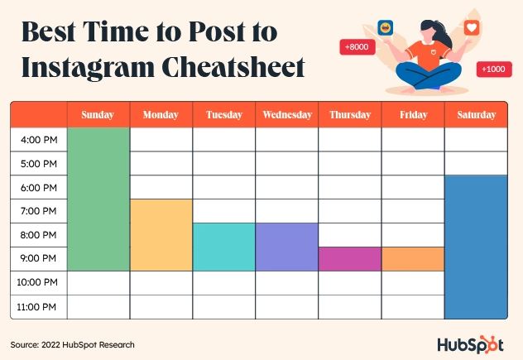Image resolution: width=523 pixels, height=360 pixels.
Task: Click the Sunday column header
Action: tap(98, 115)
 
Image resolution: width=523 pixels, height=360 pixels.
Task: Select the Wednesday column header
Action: tap(287, 115)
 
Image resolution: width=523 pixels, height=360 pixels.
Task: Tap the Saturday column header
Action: tap(477, 115)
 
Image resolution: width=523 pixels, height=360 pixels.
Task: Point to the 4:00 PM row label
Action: tap(39, 140)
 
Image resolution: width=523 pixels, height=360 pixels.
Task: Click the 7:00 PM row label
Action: tap(39, 211)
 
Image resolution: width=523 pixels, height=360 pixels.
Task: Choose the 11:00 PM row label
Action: tap(36, 307)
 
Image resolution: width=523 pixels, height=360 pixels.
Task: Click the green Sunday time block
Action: tap(98, 199)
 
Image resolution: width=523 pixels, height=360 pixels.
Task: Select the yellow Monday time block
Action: tap(161, 235)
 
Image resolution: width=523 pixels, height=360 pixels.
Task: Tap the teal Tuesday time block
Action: tap(223, 247)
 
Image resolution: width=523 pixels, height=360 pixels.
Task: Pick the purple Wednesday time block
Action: tap(287, 247)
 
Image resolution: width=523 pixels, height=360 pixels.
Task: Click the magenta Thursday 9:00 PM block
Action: tap(350, 259)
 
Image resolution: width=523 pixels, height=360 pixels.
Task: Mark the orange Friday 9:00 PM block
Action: tap(413, 259)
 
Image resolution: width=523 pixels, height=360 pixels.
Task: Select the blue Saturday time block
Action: tap(477, 247)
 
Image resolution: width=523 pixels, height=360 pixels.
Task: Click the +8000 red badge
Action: tap(357, 47)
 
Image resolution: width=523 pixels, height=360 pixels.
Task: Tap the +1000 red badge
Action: tap(494, 69)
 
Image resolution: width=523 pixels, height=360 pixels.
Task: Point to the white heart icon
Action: tap(472, 27)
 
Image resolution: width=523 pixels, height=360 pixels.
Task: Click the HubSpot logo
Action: tap(470, 344)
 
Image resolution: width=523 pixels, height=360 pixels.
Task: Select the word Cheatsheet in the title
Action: tap(233, 67)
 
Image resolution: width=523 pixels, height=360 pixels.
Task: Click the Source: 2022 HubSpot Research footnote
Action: tap(72, 344)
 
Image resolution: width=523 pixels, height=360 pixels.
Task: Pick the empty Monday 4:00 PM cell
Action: tap(161, 140)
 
